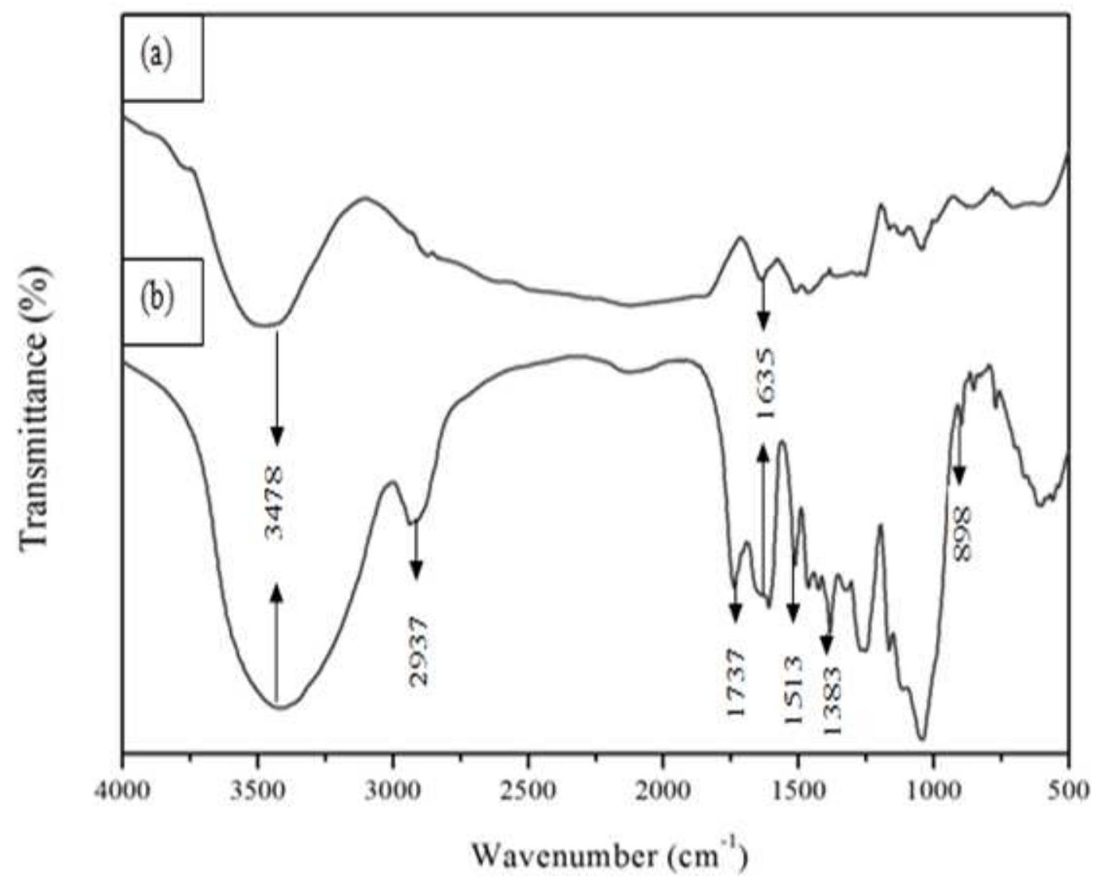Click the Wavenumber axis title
[609, 856]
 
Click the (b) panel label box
[163, 301]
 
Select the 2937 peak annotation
[418, 650]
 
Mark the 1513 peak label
[794, 689]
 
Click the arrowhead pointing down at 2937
[416, 569]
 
